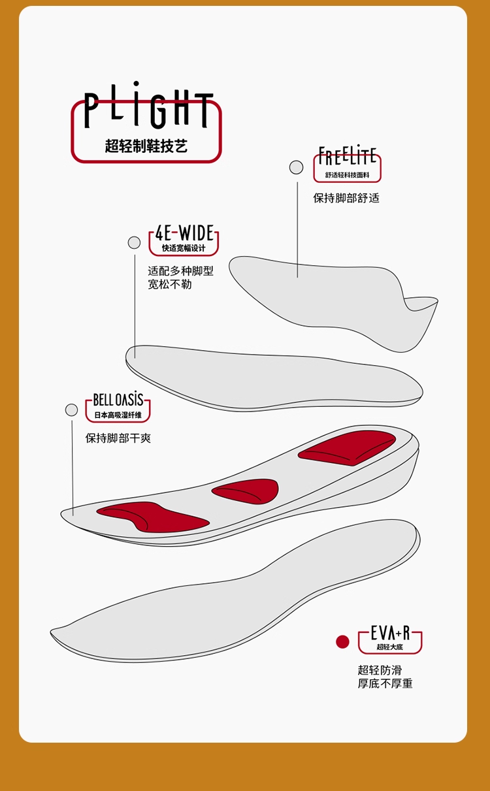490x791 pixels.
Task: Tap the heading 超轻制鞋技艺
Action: coord(146,146)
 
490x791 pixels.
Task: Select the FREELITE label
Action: coord(347,157)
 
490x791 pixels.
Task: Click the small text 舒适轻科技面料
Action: coord(347,175)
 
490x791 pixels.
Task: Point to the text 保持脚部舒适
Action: coord(346,198)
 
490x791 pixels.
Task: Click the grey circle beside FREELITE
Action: coord(297,167)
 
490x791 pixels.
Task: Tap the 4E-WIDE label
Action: coord(184,233)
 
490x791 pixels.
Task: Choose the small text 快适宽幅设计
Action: coord(184,248)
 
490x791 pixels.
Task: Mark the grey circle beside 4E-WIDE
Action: coord(135,243)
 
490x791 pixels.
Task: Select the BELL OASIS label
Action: coord(118,400)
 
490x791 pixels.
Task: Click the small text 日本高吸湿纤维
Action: coord(118,415)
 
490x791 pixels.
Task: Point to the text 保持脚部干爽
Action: coord(118,438)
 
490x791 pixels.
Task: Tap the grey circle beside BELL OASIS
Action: coord(72,410)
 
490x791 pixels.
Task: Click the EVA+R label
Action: coord(390,633)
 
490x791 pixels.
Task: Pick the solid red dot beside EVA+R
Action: coord(342,642)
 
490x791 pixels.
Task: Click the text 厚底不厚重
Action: coord(385,684)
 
